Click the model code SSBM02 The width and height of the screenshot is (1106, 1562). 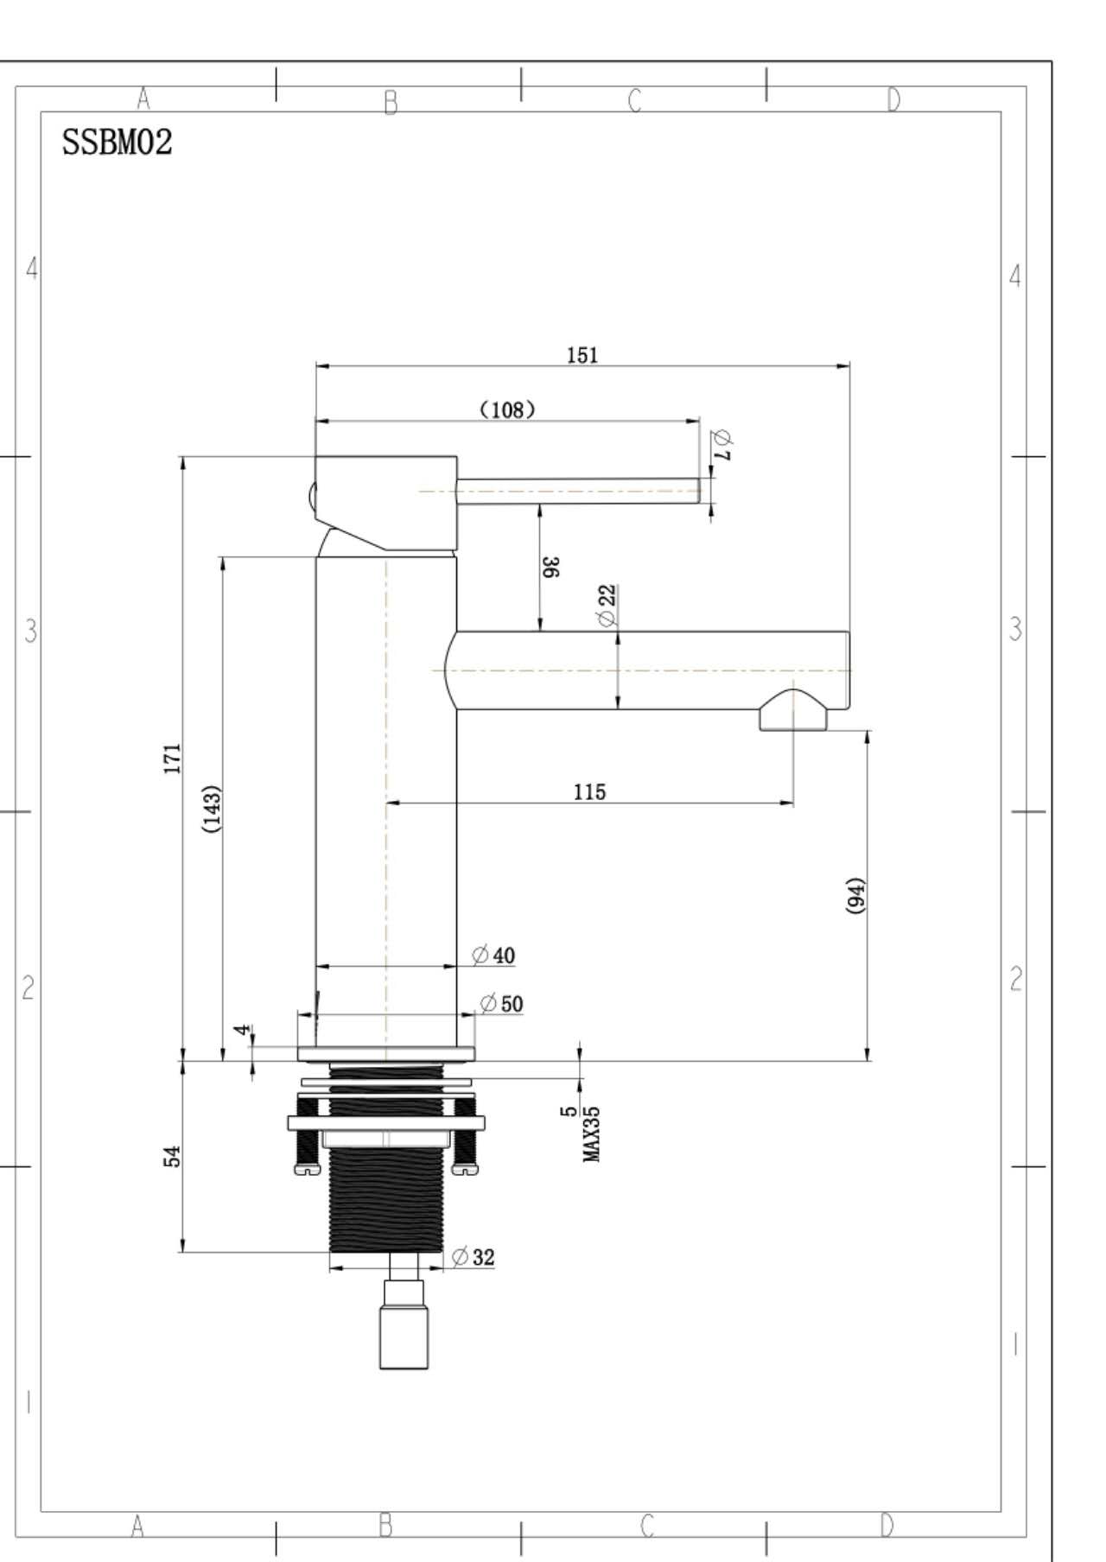[117, 143]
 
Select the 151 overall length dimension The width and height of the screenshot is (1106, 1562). [582, 355]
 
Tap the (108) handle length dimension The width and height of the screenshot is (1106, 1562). [507, 410]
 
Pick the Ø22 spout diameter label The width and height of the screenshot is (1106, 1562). [607, 605]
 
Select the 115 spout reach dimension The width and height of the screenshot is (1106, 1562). [589, 791]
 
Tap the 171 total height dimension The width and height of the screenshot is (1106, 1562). [174, 758]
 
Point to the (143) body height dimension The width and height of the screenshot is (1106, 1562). [212, 809]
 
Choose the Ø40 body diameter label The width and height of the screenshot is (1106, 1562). [493, 955]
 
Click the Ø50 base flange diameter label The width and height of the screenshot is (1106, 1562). [502, 1003]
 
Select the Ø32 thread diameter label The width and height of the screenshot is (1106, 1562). [474, 1257]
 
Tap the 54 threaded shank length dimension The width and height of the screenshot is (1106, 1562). [173, 1156]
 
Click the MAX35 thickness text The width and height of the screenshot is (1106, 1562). [593, 1134]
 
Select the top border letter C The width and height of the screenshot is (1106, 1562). [635, 101]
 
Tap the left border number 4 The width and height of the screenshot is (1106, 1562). [32, 269]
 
